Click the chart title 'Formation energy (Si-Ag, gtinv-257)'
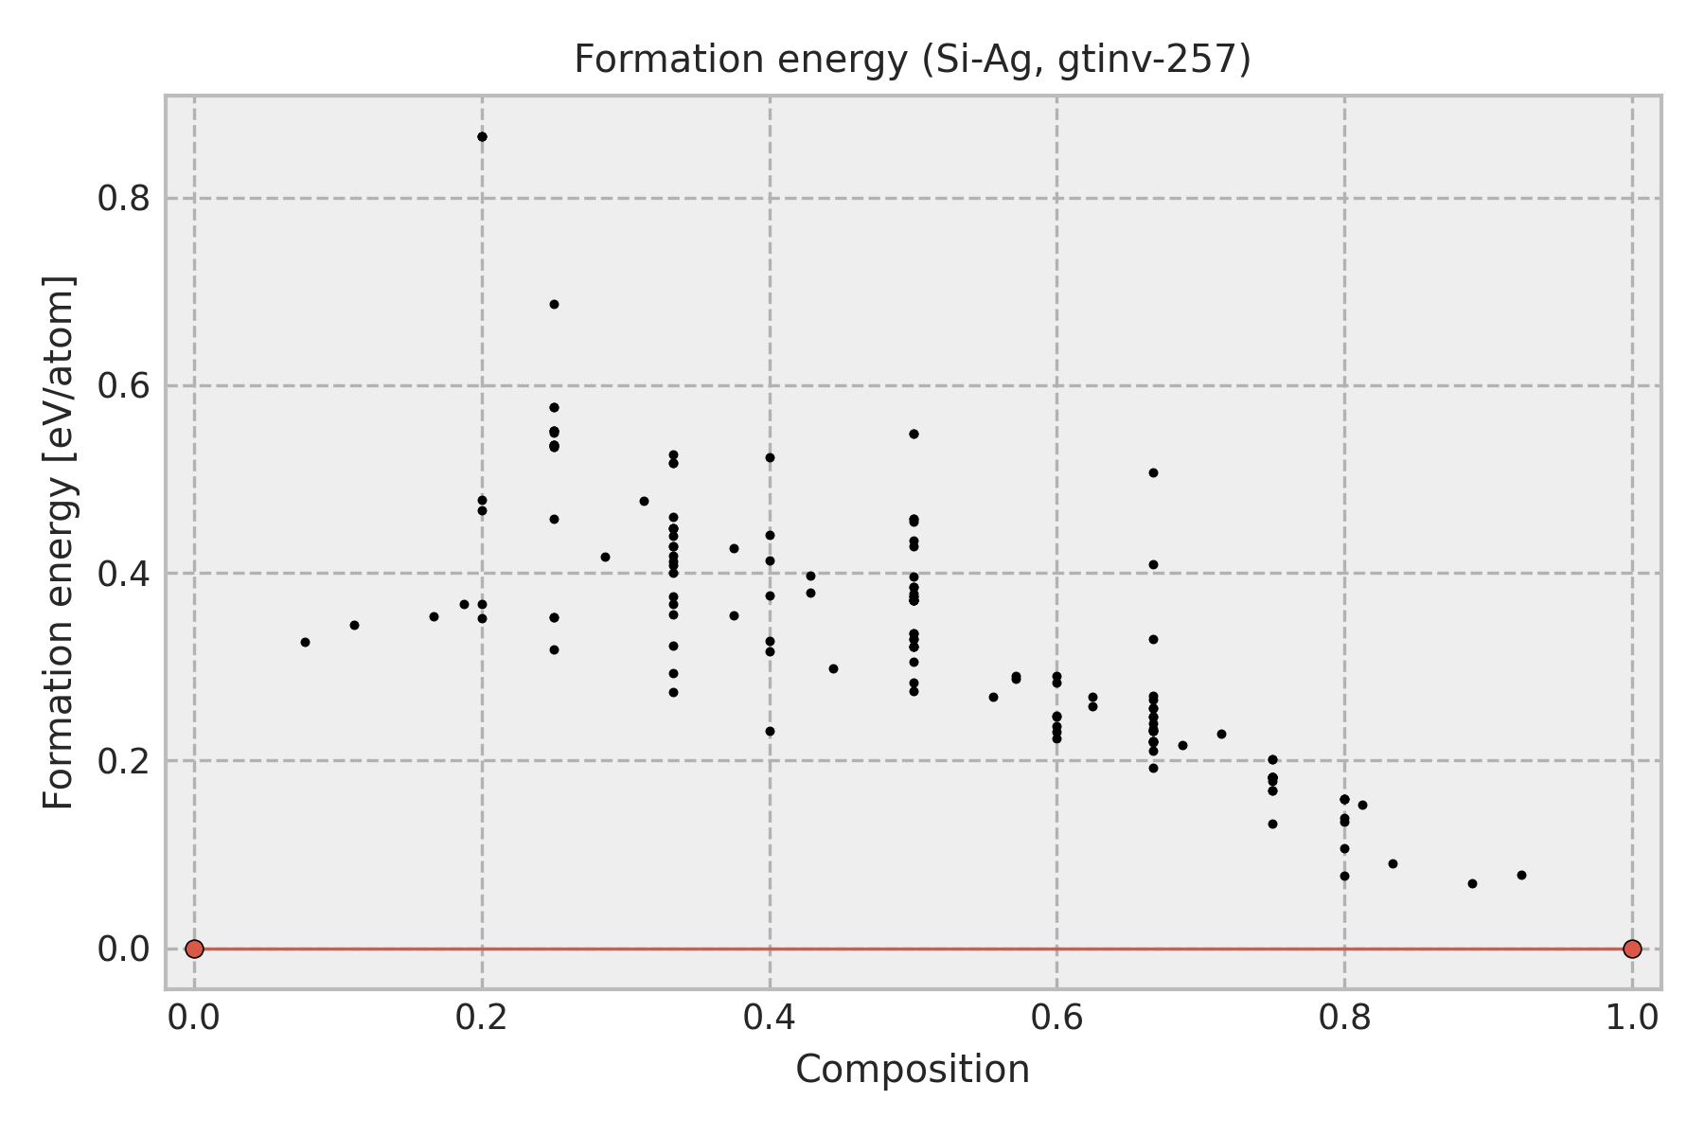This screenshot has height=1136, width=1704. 913,60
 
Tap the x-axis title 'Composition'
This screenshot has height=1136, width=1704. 913,1070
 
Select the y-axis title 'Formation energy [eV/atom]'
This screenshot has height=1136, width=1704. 60,542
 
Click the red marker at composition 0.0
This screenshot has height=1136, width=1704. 194,949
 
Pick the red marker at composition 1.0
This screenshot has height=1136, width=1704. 1632,949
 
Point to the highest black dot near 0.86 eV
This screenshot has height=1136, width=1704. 482,136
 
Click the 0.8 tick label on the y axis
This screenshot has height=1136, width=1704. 124,199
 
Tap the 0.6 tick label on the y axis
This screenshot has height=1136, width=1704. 124,386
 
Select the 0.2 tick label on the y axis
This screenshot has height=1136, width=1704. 124,761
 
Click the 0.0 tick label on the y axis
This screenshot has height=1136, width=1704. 124,949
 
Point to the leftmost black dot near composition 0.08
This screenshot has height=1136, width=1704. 305,642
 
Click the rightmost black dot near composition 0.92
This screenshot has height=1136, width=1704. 1521,875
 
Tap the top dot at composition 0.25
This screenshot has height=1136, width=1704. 554,304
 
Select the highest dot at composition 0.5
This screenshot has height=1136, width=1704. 914,434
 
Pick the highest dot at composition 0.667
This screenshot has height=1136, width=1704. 1153,472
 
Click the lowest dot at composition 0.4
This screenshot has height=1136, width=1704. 770,731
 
